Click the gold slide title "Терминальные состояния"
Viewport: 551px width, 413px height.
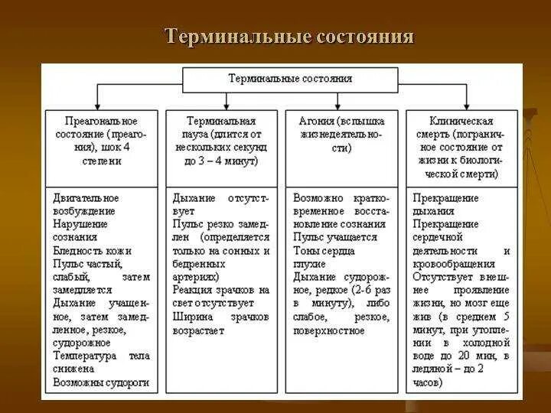[290, 37]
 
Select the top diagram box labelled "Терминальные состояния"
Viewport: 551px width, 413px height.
[290, 78]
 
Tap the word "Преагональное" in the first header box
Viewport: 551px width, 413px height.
[102, 121]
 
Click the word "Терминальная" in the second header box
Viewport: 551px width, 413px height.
[222, 121]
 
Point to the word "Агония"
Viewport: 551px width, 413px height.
[305, 121]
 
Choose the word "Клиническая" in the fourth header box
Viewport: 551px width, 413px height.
[461, 121]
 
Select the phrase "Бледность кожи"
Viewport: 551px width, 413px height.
[93, 250]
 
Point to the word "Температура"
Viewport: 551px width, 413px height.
[85, 356]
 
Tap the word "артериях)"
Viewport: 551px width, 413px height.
[196, 277]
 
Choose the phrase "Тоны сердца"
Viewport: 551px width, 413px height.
[324, 250]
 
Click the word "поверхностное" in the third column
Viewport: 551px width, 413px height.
[329, 330]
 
